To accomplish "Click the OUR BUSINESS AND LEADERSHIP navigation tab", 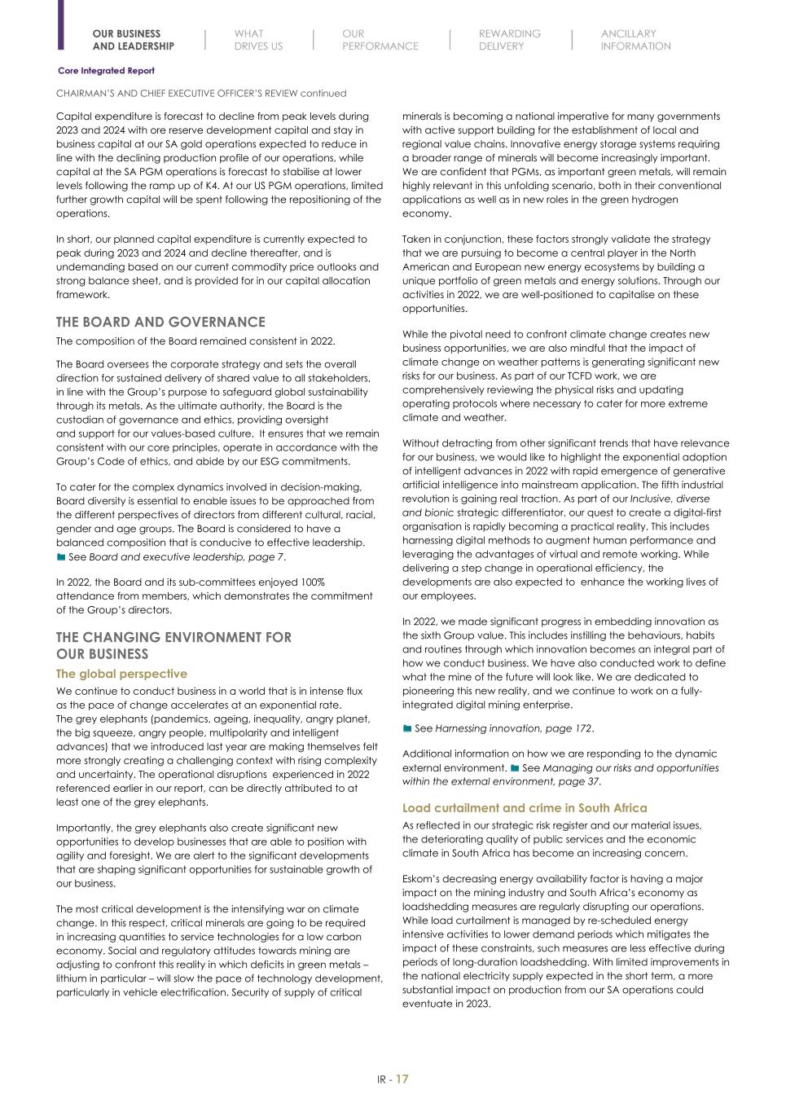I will pyautogui.click(x=133, y=40).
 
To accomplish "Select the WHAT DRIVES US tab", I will pyautogui.click(x=258, y=40).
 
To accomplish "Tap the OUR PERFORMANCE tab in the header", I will pyautogui.click(x=380, y=40).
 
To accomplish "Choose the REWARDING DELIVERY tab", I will pyautogui.click(x=509, y=40).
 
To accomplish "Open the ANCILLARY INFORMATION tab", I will pyautogui.click(x=635, y=40).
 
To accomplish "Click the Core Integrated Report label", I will pyautogui.click(x=106, y=71).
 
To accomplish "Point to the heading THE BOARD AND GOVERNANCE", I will pyautogui.click(x=160, y=323).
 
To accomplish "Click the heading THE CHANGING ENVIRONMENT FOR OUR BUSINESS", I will pyautogui.click(x=173, y=645).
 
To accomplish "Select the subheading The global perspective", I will pyautogui.click(x=121, y=674).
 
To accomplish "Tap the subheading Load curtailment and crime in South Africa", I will pyautogui.click(x=525, y=808).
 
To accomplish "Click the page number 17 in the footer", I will pyautogui.click(x=402, y=1079).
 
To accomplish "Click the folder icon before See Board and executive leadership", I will pyautogui.click(x=61, y=557).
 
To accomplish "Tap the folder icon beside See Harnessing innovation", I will pyautogui.click(x=407, y=729).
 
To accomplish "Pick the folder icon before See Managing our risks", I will pyautogui.click(x=515, y=768).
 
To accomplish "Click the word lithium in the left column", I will pyautogui.click(x=72, y=978).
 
